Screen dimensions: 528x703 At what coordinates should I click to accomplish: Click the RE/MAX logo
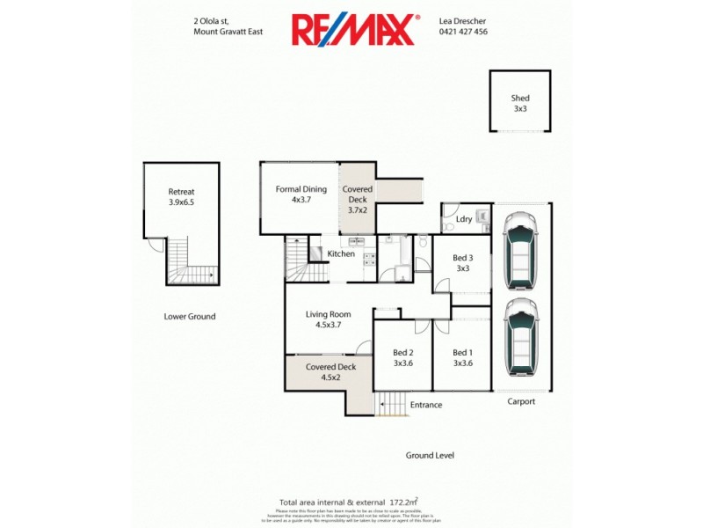click(353, 30)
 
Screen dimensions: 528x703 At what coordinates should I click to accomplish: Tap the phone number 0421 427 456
click(463, 32)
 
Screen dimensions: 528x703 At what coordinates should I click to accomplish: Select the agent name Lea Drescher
click(462, 19)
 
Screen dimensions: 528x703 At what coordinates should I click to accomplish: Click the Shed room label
click(520, 103)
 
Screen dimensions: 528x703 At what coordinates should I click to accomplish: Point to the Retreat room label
click(182, 196)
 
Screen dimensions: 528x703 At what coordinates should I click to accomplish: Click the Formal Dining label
click(301, 194)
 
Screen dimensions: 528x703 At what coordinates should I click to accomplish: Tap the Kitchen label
click(341, 254)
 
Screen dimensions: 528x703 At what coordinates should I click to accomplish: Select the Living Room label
click(329, 319)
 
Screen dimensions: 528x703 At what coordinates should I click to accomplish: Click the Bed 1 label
click(463, 357)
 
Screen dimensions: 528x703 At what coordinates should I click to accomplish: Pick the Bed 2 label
click(403, 357)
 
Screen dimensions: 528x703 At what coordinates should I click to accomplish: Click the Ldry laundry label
click(464, 218)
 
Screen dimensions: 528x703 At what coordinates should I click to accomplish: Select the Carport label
click(521, 401)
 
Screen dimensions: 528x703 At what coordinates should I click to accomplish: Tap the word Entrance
click(425, 405)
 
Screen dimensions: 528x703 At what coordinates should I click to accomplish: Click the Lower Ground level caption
click(190, 317)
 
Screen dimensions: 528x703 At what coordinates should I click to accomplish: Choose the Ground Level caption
click(430, 455)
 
